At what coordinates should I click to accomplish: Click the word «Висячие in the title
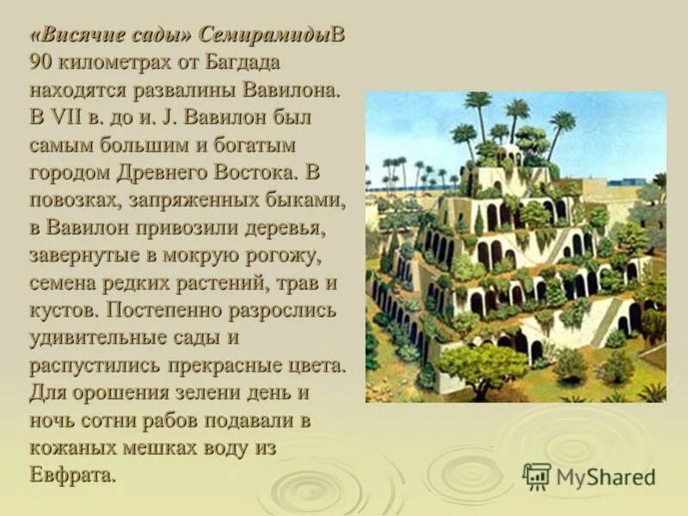coord(77,35)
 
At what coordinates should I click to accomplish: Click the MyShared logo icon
coord(537,476)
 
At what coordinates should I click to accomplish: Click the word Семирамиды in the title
coord(265,35)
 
